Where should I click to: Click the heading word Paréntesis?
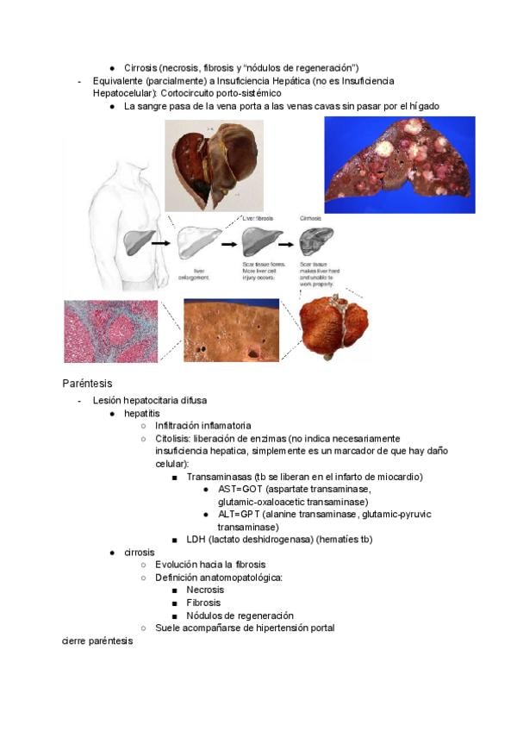point(87,383)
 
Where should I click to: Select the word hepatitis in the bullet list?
point(141,413)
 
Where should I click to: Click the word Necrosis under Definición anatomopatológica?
point(206,590)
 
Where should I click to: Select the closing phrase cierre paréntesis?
point(98,641)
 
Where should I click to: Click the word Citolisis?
point(176,438)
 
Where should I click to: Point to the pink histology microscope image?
point(110,331)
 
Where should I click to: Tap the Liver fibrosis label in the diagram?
point(258,219)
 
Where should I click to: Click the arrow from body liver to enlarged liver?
point(160,244)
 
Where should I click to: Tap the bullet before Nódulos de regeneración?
point(175,616)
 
